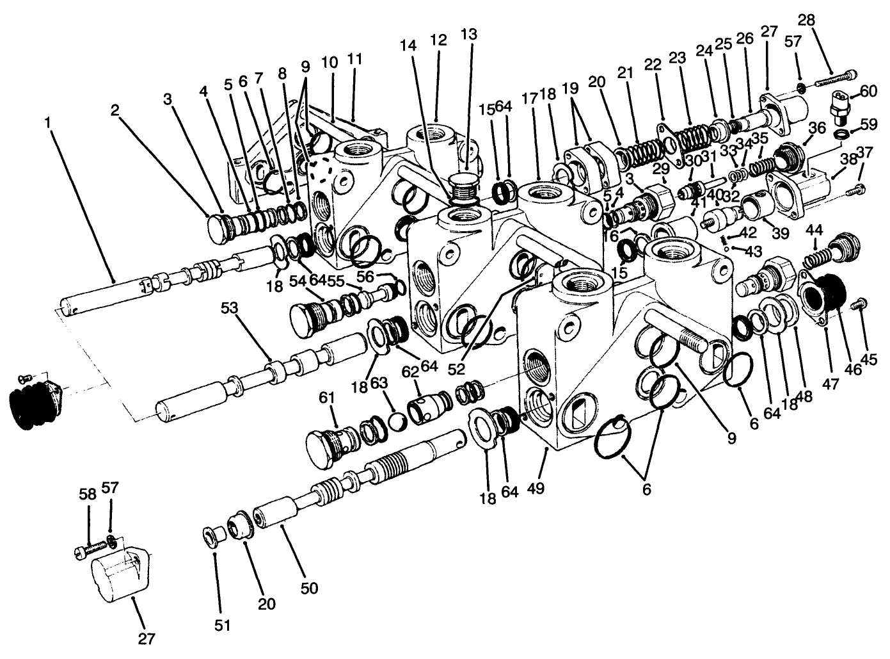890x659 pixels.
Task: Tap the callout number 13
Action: tap(468, 34)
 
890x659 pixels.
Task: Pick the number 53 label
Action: tap(229, 309)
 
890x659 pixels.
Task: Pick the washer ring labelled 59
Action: tap(844, 133)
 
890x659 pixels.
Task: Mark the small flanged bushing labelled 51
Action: tap(211, 535)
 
